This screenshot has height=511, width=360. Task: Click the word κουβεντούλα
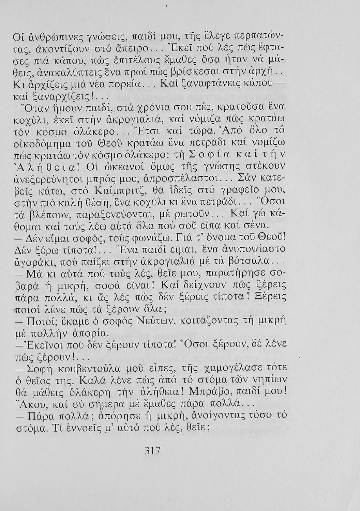(92, 368)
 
